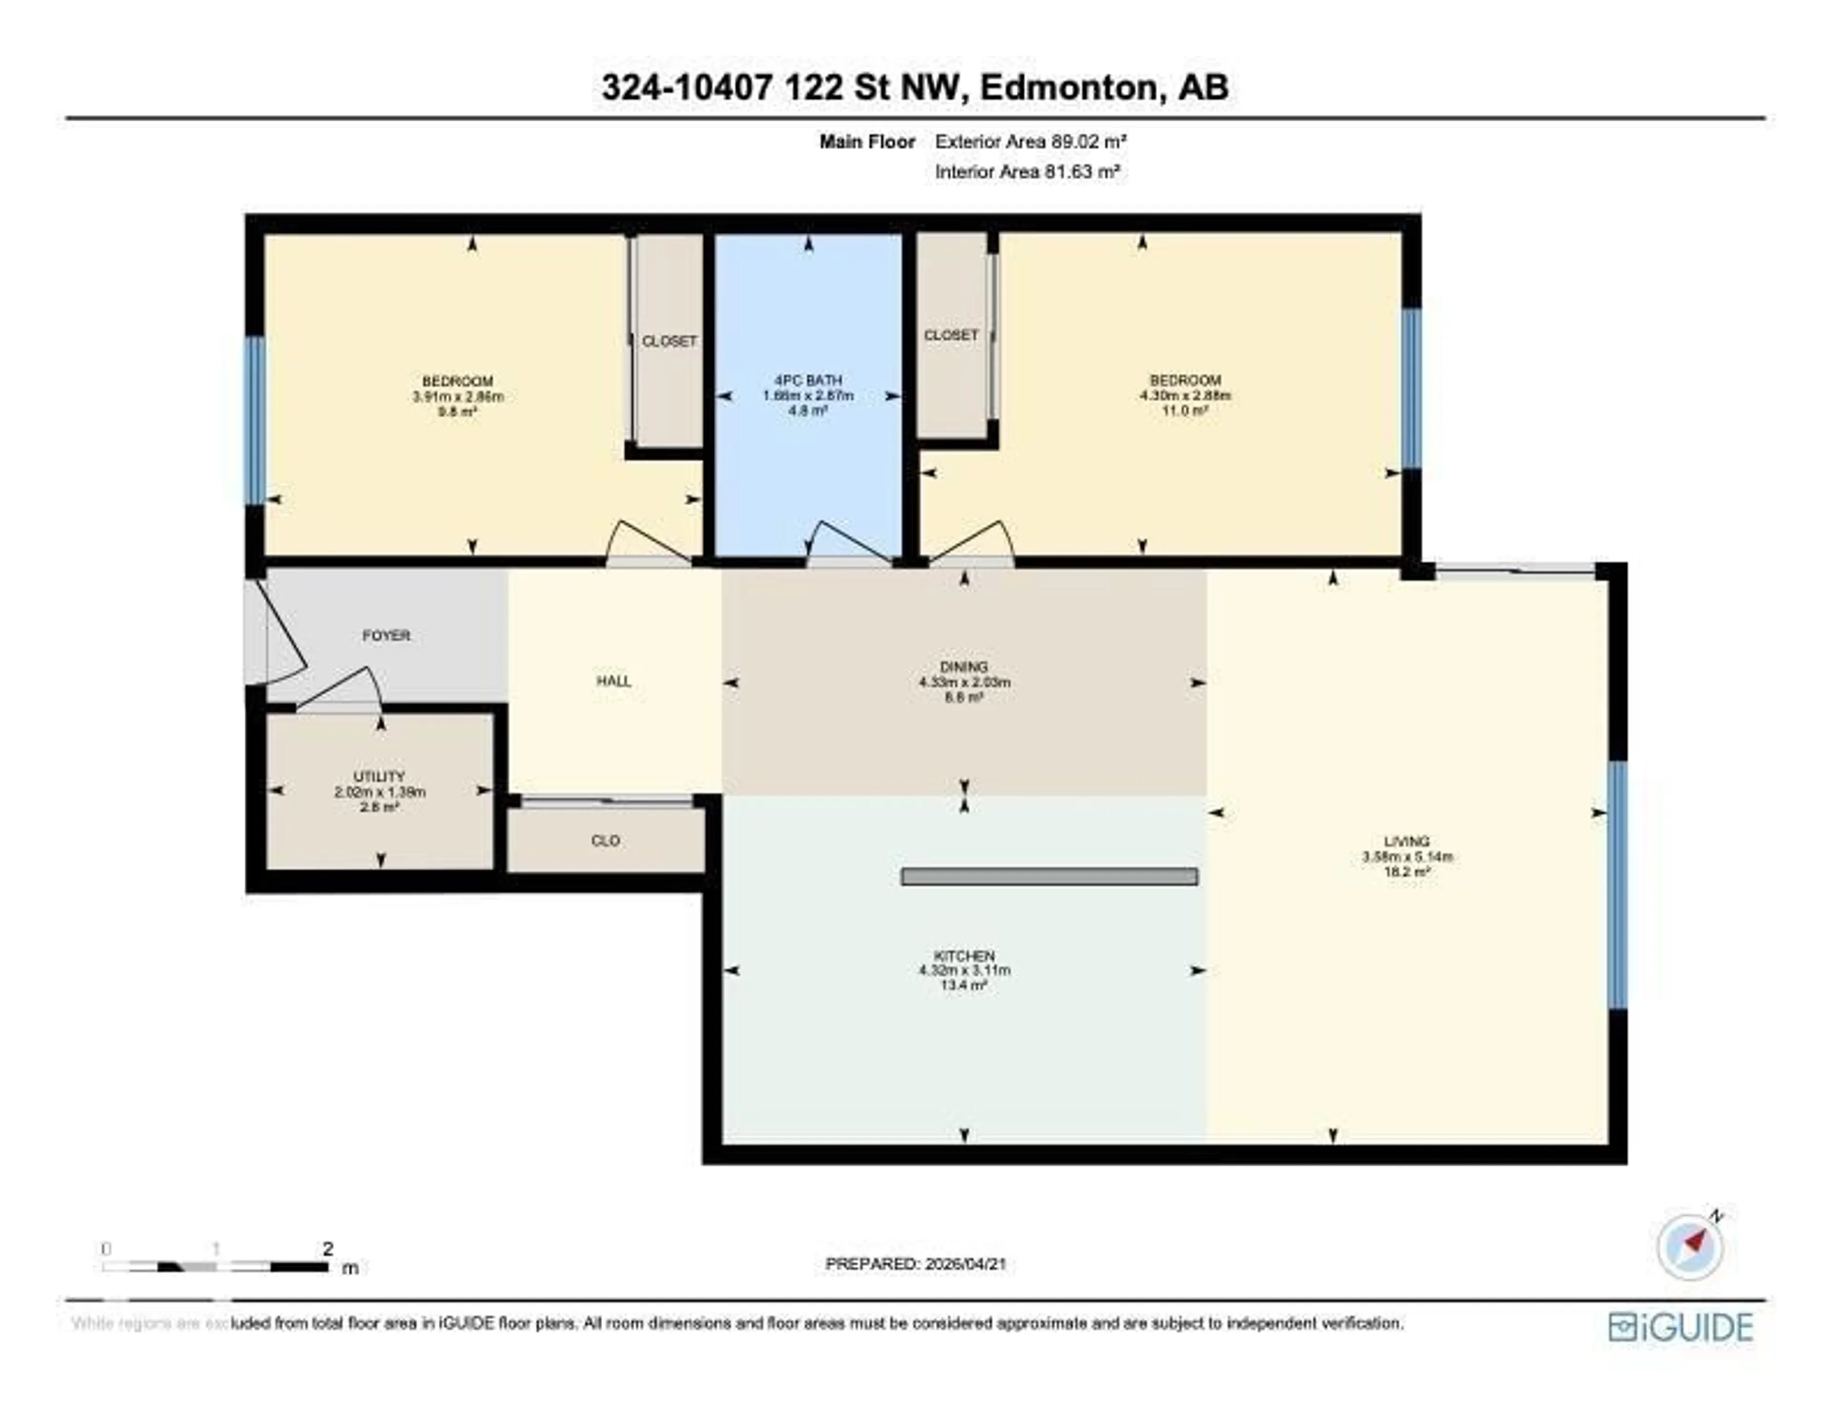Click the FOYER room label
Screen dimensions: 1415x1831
coord(387,636)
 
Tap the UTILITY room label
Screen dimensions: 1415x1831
coord(379,777)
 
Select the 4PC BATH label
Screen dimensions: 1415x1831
coord(808,381)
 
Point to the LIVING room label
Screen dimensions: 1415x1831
coord(1407,841)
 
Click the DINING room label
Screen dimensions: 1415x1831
coord(964,667)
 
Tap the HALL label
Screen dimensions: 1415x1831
coord(614,681)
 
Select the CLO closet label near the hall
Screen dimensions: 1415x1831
coord(605,840)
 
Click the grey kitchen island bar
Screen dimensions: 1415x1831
coord(1049,877)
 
